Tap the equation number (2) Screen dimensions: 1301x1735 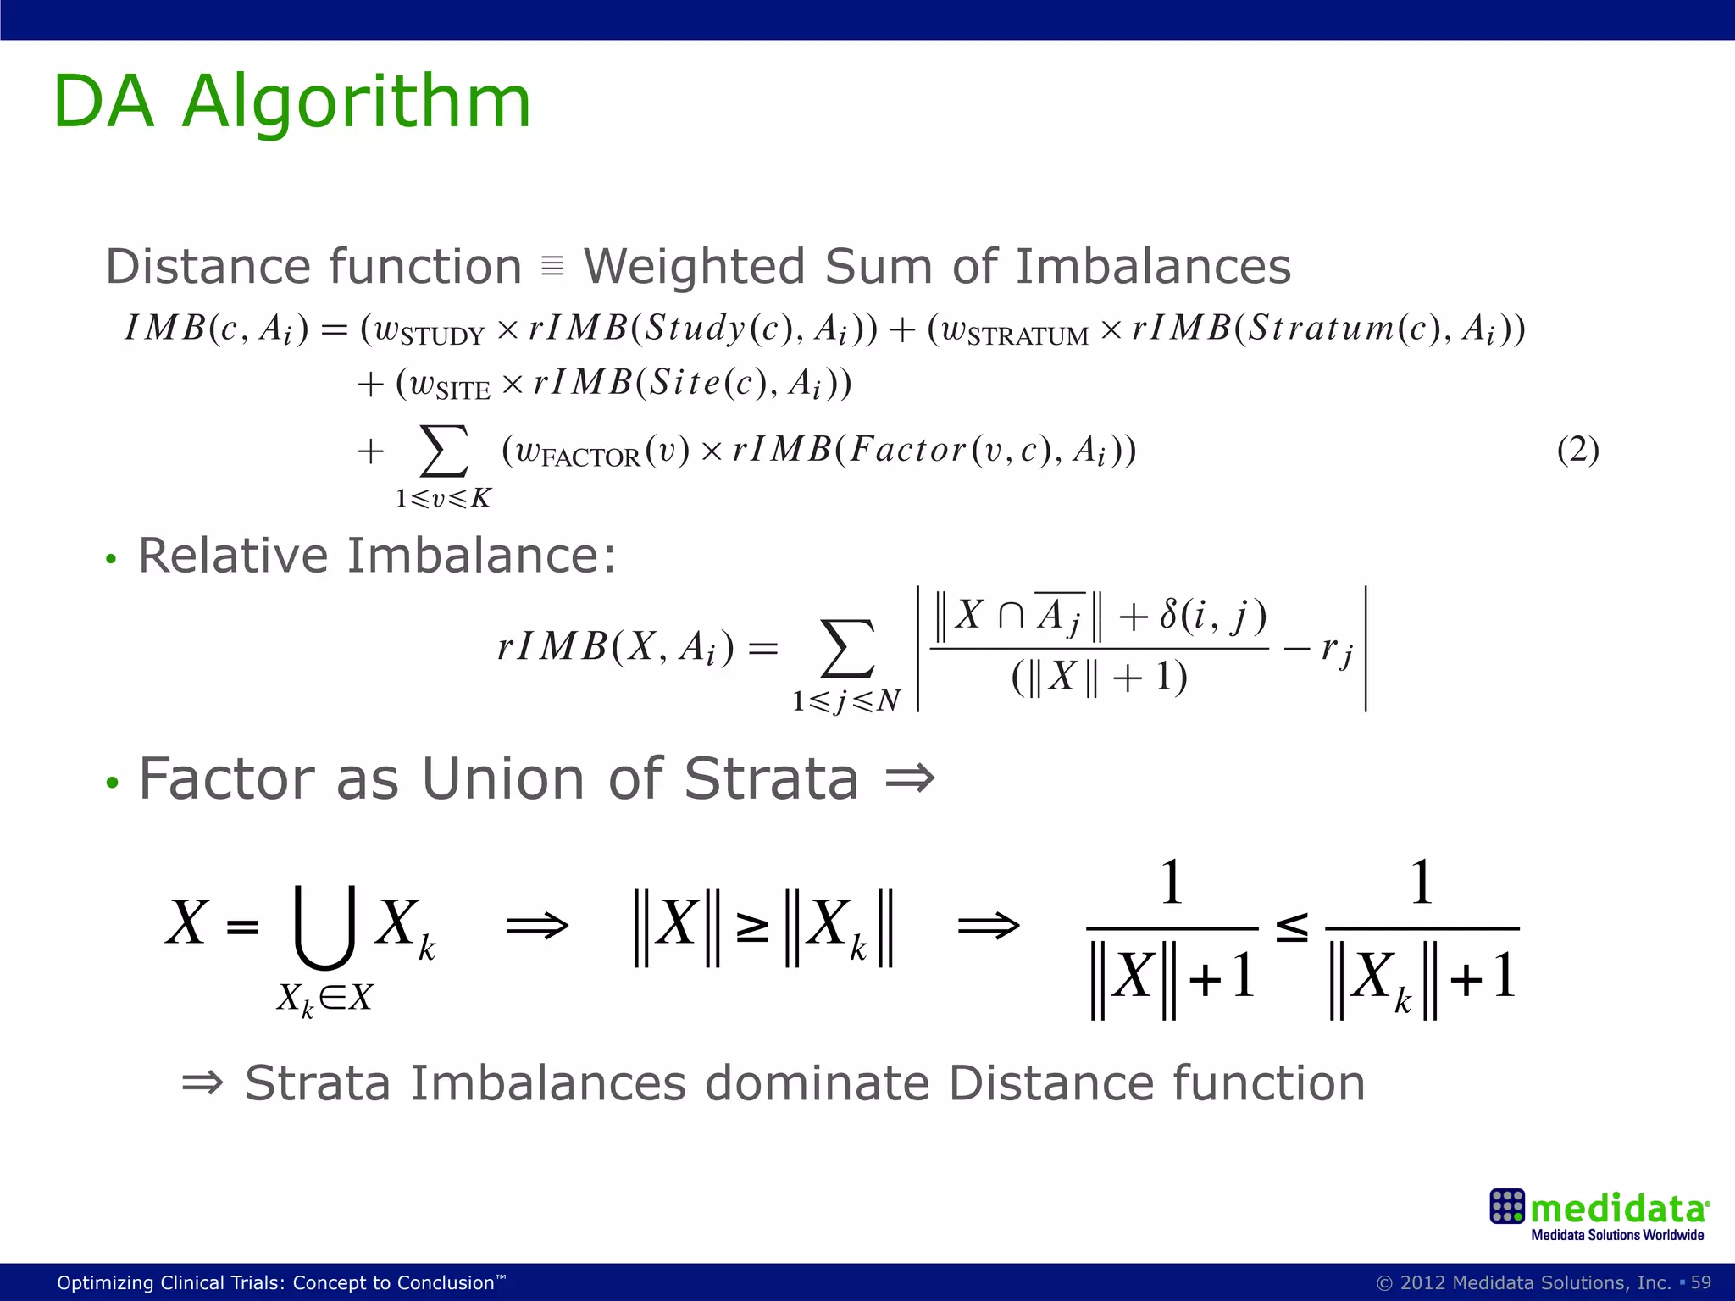[1577, 449]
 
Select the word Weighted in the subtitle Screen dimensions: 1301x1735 [693, 267]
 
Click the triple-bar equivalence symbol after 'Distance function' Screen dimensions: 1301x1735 [552, 266]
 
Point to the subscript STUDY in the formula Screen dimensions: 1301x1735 [442, 337]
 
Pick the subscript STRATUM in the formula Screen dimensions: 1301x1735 [1028, 337]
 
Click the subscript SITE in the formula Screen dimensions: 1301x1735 [463, 391]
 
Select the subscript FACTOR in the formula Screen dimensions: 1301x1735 [590, 458]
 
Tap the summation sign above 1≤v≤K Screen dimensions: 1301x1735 [444, 451]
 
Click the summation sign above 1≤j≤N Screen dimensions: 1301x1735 [847, 650]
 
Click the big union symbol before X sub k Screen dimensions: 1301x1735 [324, 927]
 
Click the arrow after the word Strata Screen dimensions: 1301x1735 [909, 778]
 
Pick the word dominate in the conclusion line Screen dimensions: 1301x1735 [817, 1083]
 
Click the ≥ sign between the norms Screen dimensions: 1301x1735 [752, 928]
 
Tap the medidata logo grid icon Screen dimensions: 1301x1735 [1507, 1206]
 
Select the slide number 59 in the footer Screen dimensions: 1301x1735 [1700, 1282]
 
